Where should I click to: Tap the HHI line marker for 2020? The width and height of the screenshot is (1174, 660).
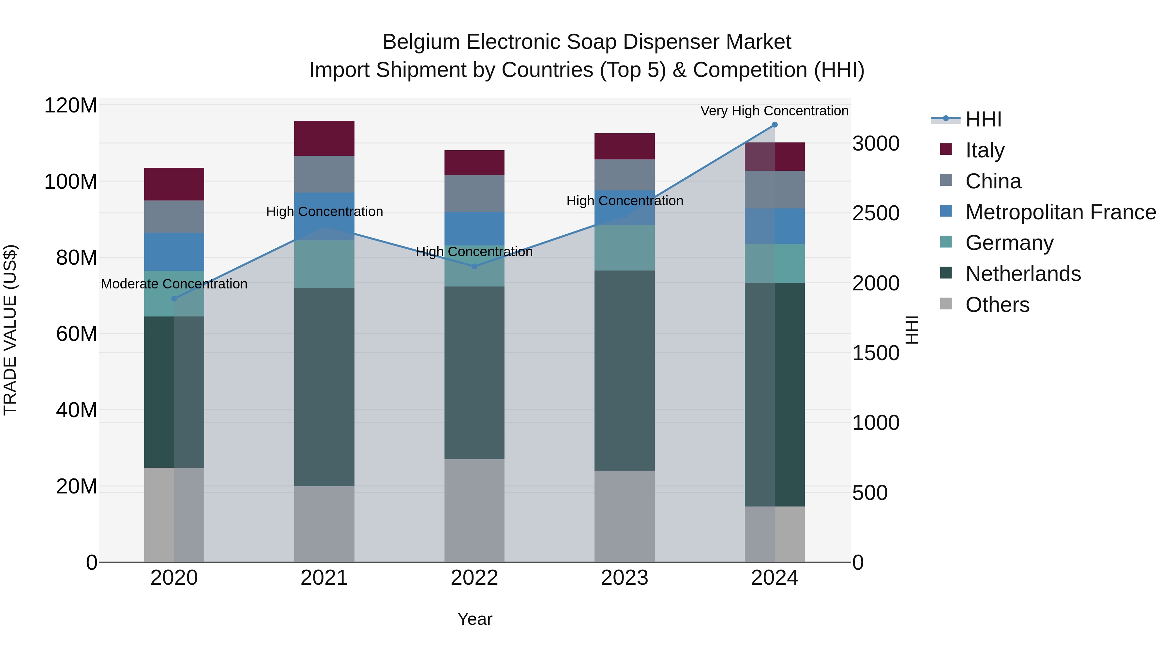point(174,299)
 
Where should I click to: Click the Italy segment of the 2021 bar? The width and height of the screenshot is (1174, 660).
point(324,139)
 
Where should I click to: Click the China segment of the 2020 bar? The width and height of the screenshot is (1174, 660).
point(174,217)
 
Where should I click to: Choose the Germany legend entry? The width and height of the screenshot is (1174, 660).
point(1009,243)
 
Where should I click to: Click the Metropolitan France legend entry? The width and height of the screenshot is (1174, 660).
point(1060,212)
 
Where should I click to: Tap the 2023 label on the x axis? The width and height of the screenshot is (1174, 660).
point(625,578)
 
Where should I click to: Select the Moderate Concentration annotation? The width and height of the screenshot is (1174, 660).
point(174,284)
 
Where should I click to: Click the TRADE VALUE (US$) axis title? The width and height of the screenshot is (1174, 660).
point(10,330)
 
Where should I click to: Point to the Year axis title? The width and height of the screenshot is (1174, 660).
point(474,619)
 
